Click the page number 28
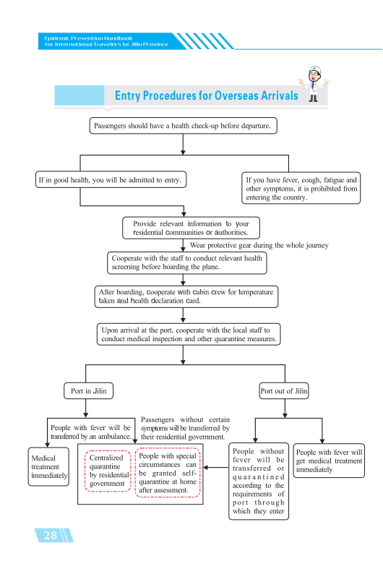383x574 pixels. click(51, 535)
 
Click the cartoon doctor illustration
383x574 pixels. click(314, 83)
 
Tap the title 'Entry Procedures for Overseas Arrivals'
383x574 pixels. click(207, 95)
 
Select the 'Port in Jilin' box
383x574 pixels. click(89, 391)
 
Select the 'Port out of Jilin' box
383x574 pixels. click(284, 391)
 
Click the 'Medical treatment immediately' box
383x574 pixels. click(48, 467)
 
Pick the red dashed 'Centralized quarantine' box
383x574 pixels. click(108, 471)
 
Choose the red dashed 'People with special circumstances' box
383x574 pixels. click(168, 473)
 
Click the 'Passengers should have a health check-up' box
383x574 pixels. click(183, 126)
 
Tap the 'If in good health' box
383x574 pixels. click(111, 180)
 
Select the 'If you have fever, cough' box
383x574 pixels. click(301, 188)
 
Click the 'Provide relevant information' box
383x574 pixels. click(191, 228)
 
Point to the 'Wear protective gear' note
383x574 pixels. click(259, 245)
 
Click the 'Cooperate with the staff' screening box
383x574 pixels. click(187, 262)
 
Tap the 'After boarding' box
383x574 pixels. click(186, 296)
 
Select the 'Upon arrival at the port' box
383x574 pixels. click(189, 334)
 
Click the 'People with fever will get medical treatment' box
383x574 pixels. click(329, 461)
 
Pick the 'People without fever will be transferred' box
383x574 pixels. click(259, 481)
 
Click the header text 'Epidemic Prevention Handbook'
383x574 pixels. click(89, 38)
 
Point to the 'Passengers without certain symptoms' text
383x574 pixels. click(185, 428)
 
